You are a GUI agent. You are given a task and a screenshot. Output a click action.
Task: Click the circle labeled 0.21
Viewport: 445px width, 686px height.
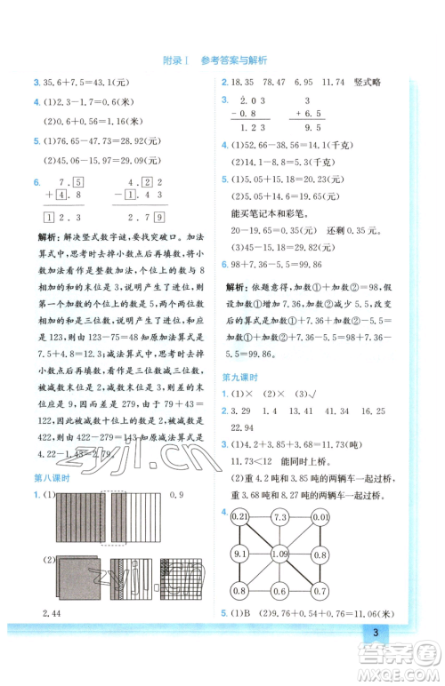[x=239, y=516]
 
